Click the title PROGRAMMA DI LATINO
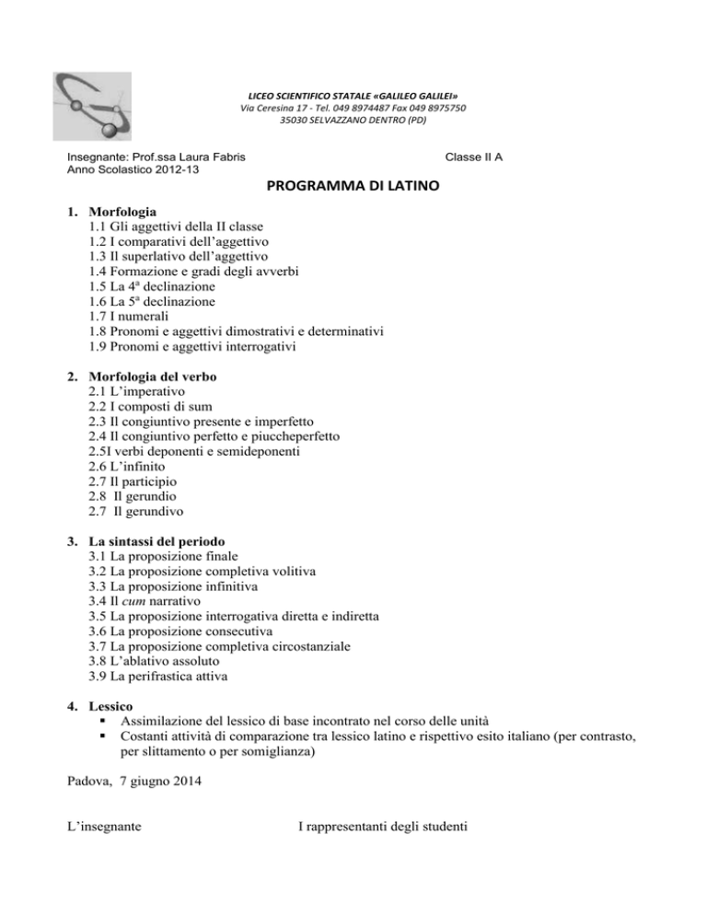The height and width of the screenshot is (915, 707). [353, 187]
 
